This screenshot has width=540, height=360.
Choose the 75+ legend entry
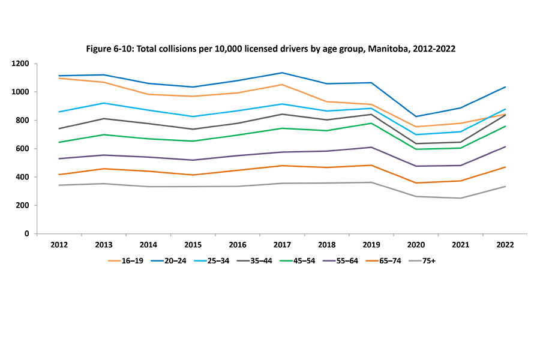click(427, 260)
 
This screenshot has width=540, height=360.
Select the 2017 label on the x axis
click(282, 245)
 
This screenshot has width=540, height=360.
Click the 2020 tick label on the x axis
click(416, 245)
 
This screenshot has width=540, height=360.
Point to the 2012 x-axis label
click(59, 245)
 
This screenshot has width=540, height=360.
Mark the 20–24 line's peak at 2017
click(282, 73)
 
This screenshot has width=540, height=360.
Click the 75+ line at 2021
click(461, 198)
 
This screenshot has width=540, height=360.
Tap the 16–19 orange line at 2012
click(59, 78)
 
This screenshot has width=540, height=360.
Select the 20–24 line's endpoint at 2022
click(505, 87)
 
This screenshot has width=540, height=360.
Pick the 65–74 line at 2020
click(416, 183)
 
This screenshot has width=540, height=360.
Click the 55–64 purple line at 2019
click(371, 147)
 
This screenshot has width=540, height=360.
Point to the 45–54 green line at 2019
click(371, 123)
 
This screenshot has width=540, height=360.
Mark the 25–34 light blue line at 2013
click(103, 103)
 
